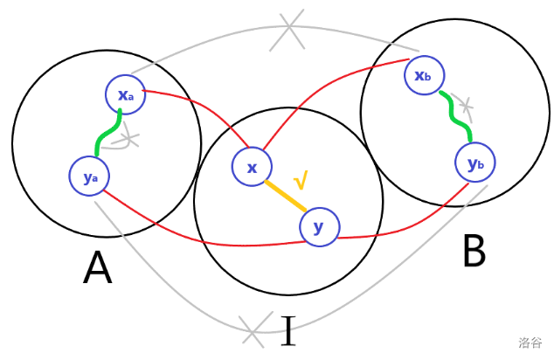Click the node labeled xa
[x=125, y=95]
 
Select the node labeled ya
[x=90, y=177]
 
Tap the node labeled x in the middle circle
[x=252, y=167]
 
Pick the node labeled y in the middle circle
[x=319, y=227]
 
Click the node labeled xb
[x=424, y=76]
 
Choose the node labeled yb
[x=475, y=163]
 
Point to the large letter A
[x=97, y=268]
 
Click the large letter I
[x=287, y=331]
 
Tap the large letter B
[x=473, y=250]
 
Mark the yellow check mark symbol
[x=301, y=181]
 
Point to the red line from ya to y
[x=201, y=236]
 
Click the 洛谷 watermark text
[x=530, y=343]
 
